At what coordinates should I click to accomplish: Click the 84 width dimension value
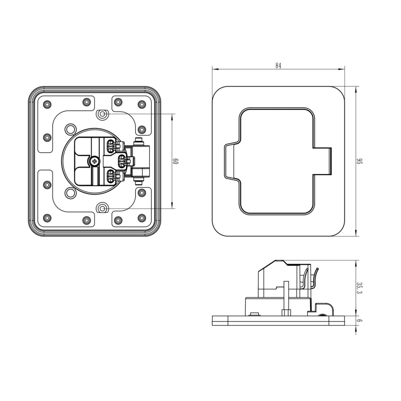(278, 66)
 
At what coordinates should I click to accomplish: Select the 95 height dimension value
(358, 161)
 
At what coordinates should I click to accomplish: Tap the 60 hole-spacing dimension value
(176, 161)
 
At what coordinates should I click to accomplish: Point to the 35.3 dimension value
(358, 289)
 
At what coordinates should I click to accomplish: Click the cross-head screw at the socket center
(95, 161)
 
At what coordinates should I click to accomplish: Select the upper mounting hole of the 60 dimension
(103, 113)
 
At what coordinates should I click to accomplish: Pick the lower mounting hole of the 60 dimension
(103, 208)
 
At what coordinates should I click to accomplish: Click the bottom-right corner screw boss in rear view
(141, 219)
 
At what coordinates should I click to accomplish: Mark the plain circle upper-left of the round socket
(70, 128)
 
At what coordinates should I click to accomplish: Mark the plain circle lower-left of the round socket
(70, 193)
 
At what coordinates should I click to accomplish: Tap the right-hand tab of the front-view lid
(323, 161)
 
